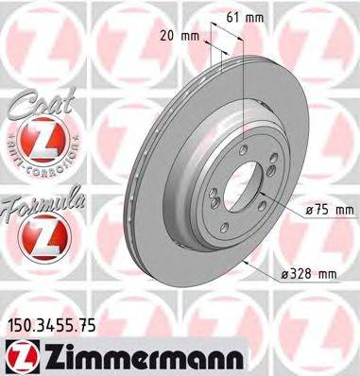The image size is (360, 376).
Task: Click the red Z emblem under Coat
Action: [36, 143]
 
